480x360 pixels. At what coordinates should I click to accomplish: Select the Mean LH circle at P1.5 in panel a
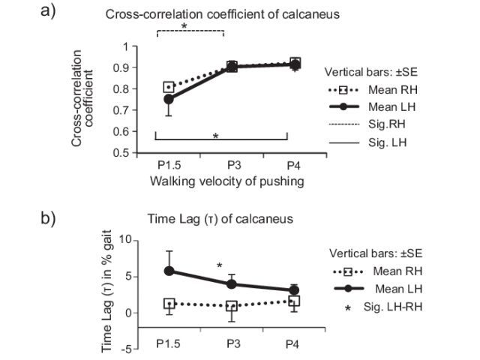point(169,99)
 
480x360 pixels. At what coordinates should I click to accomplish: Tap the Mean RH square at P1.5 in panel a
point(169,88)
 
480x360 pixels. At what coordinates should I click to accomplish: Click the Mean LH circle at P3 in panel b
point(232,284)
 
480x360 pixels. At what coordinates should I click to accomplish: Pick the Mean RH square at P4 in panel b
point(294,301)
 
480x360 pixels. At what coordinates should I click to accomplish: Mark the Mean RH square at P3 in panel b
point(232,306)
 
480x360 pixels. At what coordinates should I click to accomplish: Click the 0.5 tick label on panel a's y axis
point(128,153)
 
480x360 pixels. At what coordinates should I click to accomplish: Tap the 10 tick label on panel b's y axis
point(126,240)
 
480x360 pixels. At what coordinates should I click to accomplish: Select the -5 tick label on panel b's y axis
point(127,349)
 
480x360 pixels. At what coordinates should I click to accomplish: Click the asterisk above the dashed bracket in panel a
point(184,25)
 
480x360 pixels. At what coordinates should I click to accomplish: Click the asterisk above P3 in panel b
point(219,266)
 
